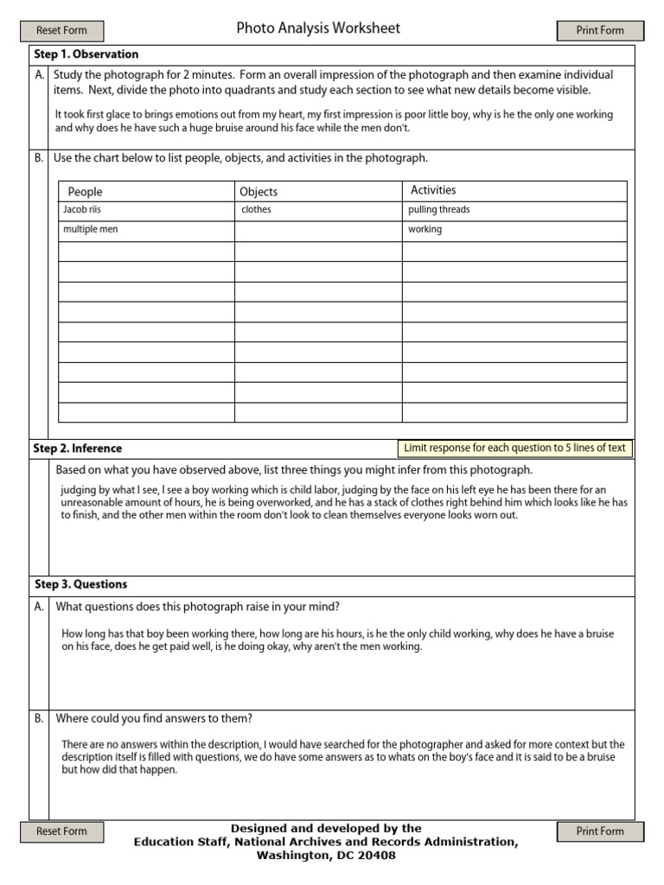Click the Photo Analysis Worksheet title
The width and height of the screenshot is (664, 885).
(318, 29)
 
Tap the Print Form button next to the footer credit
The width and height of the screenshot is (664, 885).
(600, 831)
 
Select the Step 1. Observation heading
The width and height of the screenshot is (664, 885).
(86, 54)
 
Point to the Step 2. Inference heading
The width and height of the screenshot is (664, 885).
(78, 449)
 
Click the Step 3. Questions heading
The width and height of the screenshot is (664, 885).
(80, 584)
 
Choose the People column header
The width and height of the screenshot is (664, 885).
(85, 192)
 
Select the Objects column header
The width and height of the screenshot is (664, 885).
(259, 192)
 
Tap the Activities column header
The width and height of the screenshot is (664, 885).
(433, 190)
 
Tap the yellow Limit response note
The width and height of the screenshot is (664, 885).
(514, 448)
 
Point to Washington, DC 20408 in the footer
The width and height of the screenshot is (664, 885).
(326, 856)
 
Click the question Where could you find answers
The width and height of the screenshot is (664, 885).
(154, 718)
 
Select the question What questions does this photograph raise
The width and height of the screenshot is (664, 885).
(198, 606)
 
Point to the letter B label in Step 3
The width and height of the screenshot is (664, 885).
(39, 718)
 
